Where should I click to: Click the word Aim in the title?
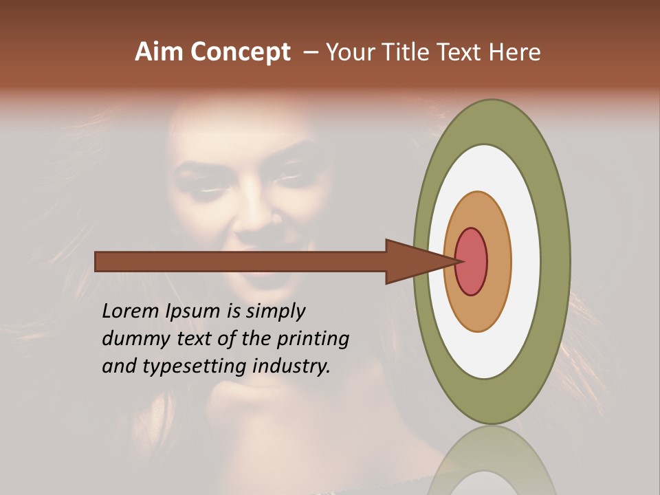pyautogui.click(x=159, y=52)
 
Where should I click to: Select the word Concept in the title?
pyautogui.click(x=240, y=53)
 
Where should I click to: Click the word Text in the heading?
pyautogui.click(x=461, y=52)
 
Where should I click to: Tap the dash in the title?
pyautogui.click(x=310, y=53)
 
